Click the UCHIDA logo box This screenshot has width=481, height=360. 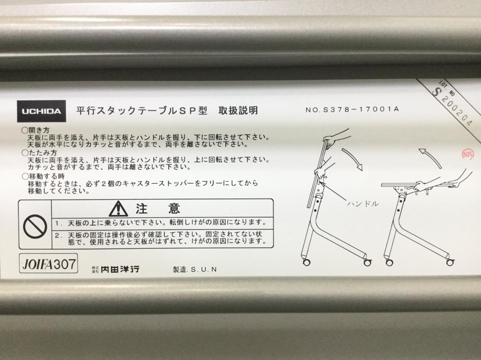point(41,111)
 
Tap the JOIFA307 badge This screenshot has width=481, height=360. point(49,263)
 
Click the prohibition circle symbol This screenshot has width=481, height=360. point(35,227)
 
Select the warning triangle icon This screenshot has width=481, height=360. point(118,209)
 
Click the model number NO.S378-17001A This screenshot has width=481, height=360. point(352,109)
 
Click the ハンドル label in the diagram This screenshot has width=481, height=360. point(363,203)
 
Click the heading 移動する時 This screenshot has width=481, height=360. point(43,176)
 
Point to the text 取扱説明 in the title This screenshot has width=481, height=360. point(238,110)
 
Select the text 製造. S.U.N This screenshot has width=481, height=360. point(195,270)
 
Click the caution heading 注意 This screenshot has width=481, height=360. point(158,209)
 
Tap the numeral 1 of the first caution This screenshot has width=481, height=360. point(57,223)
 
